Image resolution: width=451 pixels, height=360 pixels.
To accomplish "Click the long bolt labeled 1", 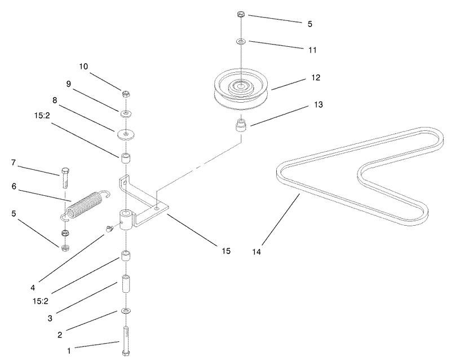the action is coord(126,341).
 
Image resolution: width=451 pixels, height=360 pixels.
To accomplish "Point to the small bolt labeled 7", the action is coord(64,177).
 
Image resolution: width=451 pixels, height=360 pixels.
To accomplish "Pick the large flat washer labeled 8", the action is coord(126,135).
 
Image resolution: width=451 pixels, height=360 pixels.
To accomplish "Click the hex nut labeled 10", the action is coord(126,94).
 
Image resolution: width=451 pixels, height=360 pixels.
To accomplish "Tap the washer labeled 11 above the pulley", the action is coord(241,42).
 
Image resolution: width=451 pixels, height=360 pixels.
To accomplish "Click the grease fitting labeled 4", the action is coord(109,229).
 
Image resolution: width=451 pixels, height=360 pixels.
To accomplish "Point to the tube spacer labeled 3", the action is coord(126,284).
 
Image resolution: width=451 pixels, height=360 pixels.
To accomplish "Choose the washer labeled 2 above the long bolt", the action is coord(126,311).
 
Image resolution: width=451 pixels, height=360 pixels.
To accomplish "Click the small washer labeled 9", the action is coord(126,113).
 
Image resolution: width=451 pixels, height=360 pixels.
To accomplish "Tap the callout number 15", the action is coord(226,251).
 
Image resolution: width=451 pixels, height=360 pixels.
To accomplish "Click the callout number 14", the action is coord(257,252).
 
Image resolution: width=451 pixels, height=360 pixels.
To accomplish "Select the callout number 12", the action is coord(316,78).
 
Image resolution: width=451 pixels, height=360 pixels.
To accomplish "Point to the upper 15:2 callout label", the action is coord(42,116).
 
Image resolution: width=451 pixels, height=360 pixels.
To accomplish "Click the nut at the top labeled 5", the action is coord(241,14).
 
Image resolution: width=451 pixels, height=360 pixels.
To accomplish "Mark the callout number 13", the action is coord(318,104).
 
